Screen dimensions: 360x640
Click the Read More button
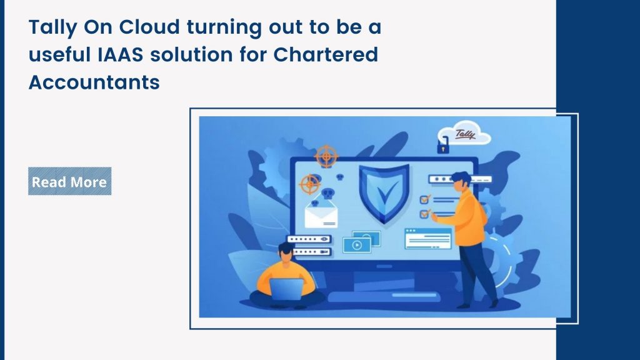click(69, 181)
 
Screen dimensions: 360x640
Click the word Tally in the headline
click(49, 28)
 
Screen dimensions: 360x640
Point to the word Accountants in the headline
click(94, 82)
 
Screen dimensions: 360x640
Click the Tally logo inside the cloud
click(465, 132)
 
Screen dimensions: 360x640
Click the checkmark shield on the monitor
click(384, 192)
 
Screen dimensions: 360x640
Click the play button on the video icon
click(357, 246)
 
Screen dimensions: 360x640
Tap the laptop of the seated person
click(287, 288)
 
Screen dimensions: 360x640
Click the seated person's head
click(285, 249)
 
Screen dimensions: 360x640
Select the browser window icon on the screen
click(427, 238)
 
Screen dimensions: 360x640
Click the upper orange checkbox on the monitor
click(424, 199)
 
